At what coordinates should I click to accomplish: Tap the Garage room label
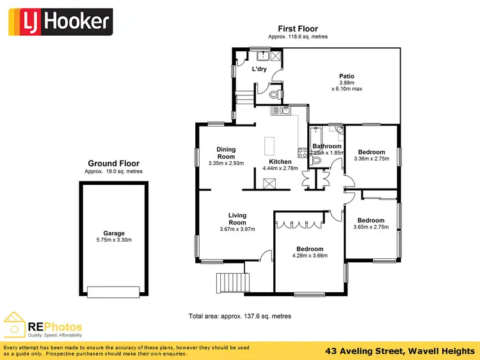[114, 233]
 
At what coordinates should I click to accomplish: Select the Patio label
[346, 77]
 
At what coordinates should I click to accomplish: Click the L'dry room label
[259, 69]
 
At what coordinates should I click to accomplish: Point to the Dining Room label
[226, 153]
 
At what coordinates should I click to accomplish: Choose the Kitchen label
[280, 162]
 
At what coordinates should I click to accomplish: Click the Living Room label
[237, 219]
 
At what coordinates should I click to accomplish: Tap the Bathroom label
[327, 146]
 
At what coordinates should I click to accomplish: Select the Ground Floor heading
[113, 164]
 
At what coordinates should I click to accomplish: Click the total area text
[240, 316]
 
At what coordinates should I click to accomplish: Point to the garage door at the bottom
[113, 292]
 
